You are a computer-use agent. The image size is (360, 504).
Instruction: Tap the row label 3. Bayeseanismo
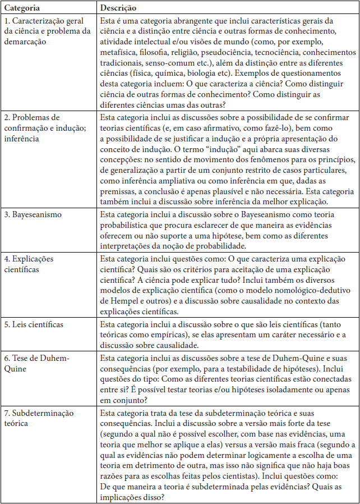click(x=34, y=214)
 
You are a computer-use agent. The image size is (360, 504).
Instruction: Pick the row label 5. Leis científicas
click(x=34, y=324)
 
